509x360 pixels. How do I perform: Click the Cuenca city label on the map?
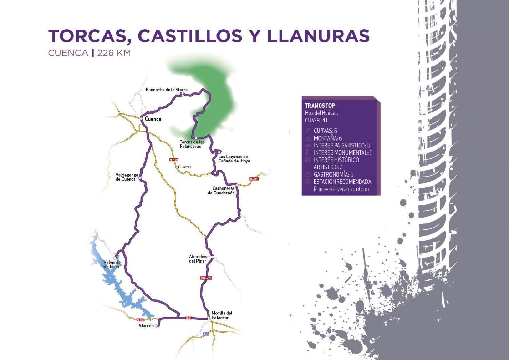153,119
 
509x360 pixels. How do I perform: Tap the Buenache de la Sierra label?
166,90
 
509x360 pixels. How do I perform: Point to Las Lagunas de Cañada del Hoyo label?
234,159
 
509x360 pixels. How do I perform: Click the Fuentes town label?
185,167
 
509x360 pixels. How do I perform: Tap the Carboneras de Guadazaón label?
221,191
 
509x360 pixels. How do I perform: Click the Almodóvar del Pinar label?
199,259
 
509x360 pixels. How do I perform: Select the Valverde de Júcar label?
112,264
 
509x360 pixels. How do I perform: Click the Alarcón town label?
146,326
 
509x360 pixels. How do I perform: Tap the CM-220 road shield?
206,278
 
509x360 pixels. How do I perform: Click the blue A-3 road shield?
206,334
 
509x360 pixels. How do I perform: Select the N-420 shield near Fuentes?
173,160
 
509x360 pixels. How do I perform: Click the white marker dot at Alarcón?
156,326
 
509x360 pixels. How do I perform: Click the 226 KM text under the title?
114,53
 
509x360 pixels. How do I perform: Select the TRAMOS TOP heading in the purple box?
320,106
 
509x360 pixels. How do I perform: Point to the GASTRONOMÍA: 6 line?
333,175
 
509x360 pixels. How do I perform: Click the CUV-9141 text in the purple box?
317,120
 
